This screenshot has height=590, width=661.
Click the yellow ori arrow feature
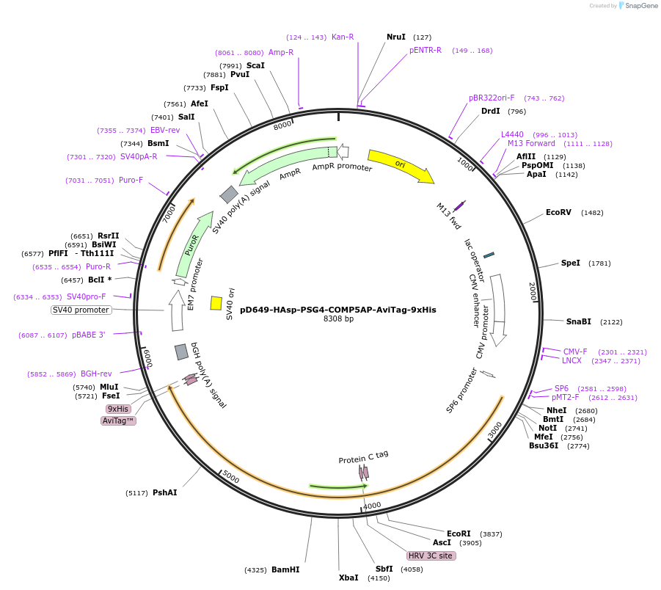pyautogui.click(x=400, y=166)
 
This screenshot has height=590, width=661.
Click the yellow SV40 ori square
pyautogui.click(x=216, y=303)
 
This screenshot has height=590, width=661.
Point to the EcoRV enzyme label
pyautogui.click(x=558, y=213)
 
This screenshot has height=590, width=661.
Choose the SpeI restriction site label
pyautogui.click(x=570, y=263)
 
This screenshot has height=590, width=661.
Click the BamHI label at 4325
pyautogui.click(x=285, y=569)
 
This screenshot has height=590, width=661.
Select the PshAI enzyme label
pyautogui.click(x=164, y=492)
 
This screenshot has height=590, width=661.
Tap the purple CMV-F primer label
pyautogui.click(x=574, y=352)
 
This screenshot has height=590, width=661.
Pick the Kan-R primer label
pyautogui.click(x=343, y=37)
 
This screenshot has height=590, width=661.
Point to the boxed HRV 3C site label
pyautogui.click(x=431, y=556)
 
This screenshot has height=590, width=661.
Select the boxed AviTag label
pyautogui.click(x=119, y=420)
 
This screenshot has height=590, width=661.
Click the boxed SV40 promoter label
pyautogui.click(x=81, y=310)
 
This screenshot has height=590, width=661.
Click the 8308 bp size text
pyautogui.click(x=338, y=319)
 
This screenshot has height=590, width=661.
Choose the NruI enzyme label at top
pyautogui.click(x=396, y=37)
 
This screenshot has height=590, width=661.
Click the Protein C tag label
pyautogui.click(x=363, y=457)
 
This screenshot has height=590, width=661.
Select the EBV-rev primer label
pyautogui.click(x=165, y=130)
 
